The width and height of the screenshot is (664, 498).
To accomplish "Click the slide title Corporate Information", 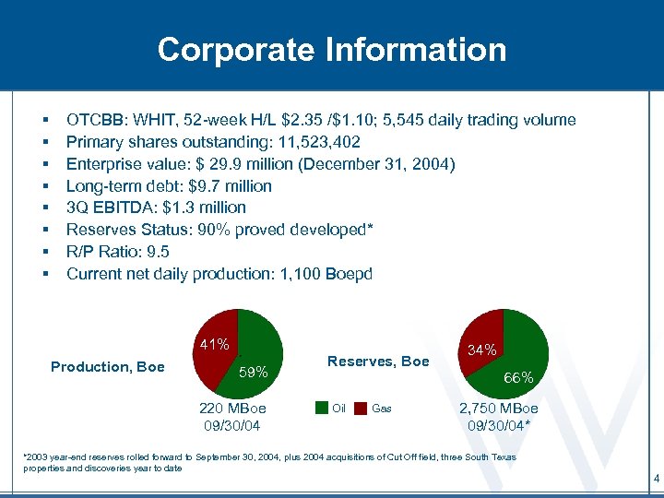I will pyautogui.click(x=332, y=49).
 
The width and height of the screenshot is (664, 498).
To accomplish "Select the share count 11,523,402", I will pyautogui.click(x=313, y=142).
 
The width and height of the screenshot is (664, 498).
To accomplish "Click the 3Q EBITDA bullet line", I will pyautogui.click(x=156, y=207).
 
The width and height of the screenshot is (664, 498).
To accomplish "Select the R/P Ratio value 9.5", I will pyautogui.click(x=157, y=252).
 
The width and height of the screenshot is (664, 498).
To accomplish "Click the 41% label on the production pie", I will pyautogui.click(x=214, y=345).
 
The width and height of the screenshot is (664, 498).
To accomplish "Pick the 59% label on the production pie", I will pyautogui.click(x=254, y=373).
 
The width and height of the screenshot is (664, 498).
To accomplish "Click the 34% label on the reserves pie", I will pyautogui.click(x=483, y=350).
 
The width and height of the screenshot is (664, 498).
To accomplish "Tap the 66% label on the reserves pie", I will pyautogui.click(x=518, y=377).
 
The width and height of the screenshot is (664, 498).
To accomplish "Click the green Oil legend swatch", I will pyautogui.click(x=320, y=408).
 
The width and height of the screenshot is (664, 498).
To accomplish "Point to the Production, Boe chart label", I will pyautogui.click(x=108, y=367).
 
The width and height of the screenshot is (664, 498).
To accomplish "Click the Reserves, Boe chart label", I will pyautogui.click(x=378, y=362).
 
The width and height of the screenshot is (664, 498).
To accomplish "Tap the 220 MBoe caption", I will pyautogui.click(x=232, y=409).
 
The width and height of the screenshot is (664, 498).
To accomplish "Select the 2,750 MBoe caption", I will pyautogui.click(x=499, y=409).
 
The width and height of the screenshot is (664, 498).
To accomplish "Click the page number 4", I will pyautogui.click(x=655, y=479).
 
